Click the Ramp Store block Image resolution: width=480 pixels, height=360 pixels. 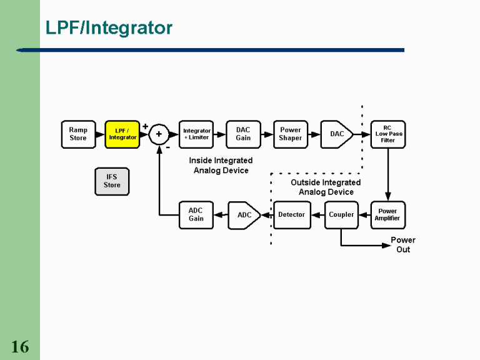pos(78,134)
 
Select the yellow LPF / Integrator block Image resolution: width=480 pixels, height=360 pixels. pos(122,134)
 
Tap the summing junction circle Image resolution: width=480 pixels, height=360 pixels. pos(159,134)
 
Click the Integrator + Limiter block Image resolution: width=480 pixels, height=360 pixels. pos(196,134)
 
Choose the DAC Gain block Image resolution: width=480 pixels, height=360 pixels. pos(243,134)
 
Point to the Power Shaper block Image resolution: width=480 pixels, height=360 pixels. pos(291,134)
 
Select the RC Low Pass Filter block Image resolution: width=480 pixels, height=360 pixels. pos(387,134)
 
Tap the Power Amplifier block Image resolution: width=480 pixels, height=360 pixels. pos(387,215)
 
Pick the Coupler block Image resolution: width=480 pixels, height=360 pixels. pos(341,215)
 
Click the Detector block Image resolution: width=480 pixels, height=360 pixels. pos(292,215)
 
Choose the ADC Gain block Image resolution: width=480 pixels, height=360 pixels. pos(196,215)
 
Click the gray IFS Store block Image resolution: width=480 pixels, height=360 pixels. pos(112,181)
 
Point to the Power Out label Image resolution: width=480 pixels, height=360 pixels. pos(403,244)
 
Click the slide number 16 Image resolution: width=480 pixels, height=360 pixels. pos(20,347)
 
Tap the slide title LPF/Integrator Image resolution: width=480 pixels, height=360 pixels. pos(109,28)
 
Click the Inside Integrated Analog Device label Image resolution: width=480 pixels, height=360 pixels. pos(221,166)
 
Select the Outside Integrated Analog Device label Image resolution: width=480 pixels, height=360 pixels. pos(326,187)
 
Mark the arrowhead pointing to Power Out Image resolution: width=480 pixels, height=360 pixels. pos(387,245)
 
